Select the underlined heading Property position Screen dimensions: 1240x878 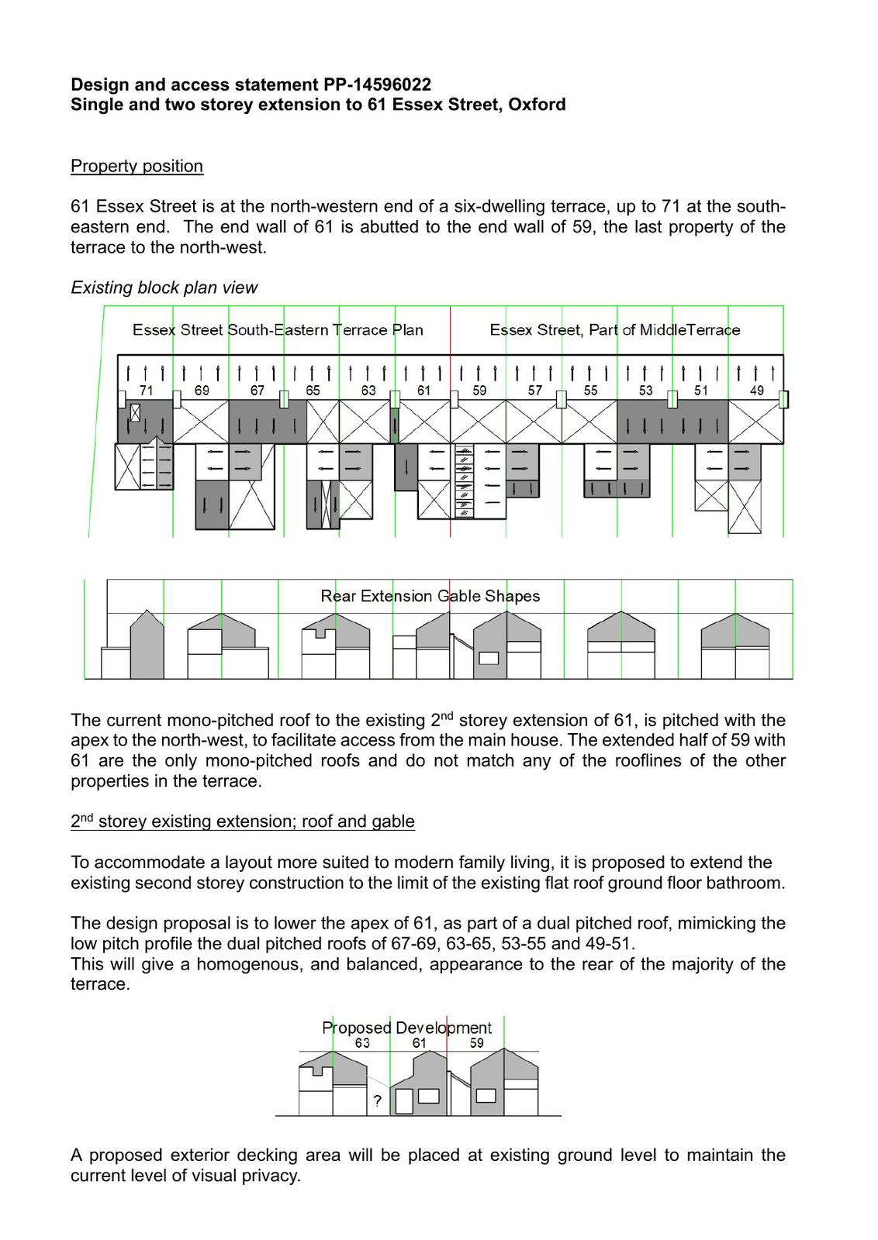click(x=137, y=166)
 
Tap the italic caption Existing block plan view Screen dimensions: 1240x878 click(x=164, y=288)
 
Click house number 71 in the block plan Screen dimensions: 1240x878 click(x=146, y=391)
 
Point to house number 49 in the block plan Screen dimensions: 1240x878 click(x=756, y=391)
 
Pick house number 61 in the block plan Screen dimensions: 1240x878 click(x=423, y=391)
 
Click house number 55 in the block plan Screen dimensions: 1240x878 click(x=590, y=391)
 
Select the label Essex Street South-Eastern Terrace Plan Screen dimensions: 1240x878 click(x=278, y=330)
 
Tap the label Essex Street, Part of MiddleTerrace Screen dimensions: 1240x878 click(x=614, y=330)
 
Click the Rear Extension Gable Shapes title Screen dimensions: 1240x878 click(x=430, y=596)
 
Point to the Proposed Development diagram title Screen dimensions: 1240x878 click(x=406, y=1028)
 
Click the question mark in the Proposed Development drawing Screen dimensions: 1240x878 click(x=378, y=1100)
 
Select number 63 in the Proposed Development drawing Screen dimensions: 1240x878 click(x=362, y=1043)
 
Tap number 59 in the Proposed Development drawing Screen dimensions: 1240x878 click(x=476, y=1043)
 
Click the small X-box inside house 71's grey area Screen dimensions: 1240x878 click(x=136, y=413)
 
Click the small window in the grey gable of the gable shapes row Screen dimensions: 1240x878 click(x=489, y=658)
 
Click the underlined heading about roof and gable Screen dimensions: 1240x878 click(x=242, y=821)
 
